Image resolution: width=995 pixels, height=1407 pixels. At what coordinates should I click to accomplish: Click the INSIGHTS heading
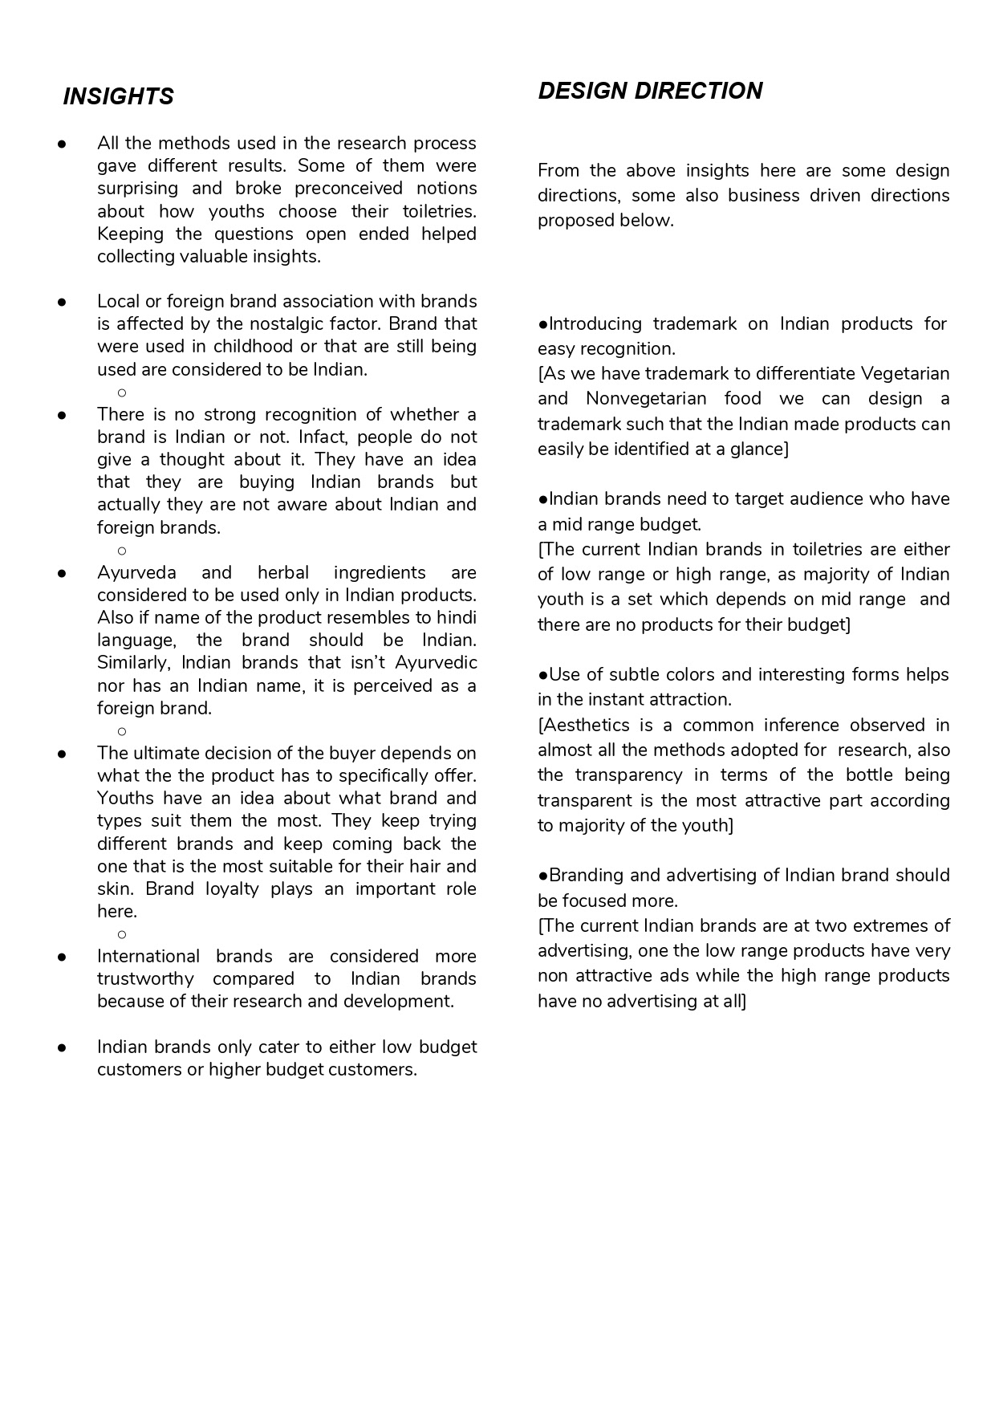point(118,96)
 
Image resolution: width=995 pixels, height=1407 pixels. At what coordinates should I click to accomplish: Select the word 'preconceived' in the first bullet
point(348,188)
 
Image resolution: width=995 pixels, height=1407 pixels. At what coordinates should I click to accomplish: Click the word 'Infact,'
point(323,437)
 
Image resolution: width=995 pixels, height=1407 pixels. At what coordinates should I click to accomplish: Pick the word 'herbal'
point(282,572)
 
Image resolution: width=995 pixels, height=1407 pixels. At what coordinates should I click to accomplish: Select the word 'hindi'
point(456,617)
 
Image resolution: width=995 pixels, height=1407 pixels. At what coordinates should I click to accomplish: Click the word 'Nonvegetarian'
point(646,398)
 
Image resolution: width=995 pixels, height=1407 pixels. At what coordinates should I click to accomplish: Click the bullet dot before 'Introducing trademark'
point(543,324)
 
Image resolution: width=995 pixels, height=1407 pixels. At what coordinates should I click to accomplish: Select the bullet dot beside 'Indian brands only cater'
point(61,1047)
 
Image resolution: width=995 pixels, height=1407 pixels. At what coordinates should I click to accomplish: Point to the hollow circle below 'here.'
point(122,934)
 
